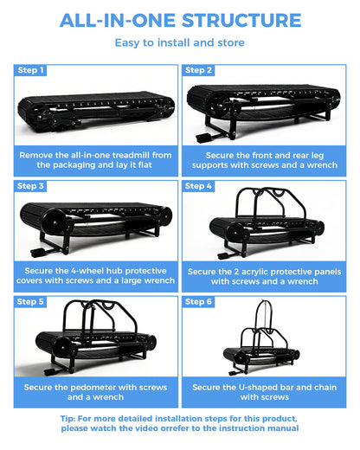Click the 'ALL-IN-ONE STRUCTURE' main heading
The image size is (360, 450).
180,21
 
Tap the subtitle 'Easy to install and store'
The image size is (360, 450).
180,42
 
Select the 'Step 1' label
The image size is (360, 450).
30,70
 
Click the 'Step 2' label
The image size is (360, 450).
198,70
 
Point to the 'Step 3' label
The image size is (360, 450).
30,186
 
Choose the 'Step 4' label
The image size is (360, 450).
198,186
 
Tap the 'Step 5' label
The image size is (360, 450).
30,302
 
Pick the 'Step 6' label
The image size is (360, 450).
198,302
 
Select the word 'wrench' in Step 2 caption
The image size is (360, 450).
322,165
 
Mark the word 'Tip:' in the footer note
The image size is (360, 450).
68,419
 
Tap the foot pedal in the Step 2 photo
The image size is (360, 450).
203,138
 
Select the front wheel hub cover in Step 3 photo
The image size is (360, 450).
54,222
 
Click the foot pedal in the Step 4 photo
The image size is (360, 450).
224,256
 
